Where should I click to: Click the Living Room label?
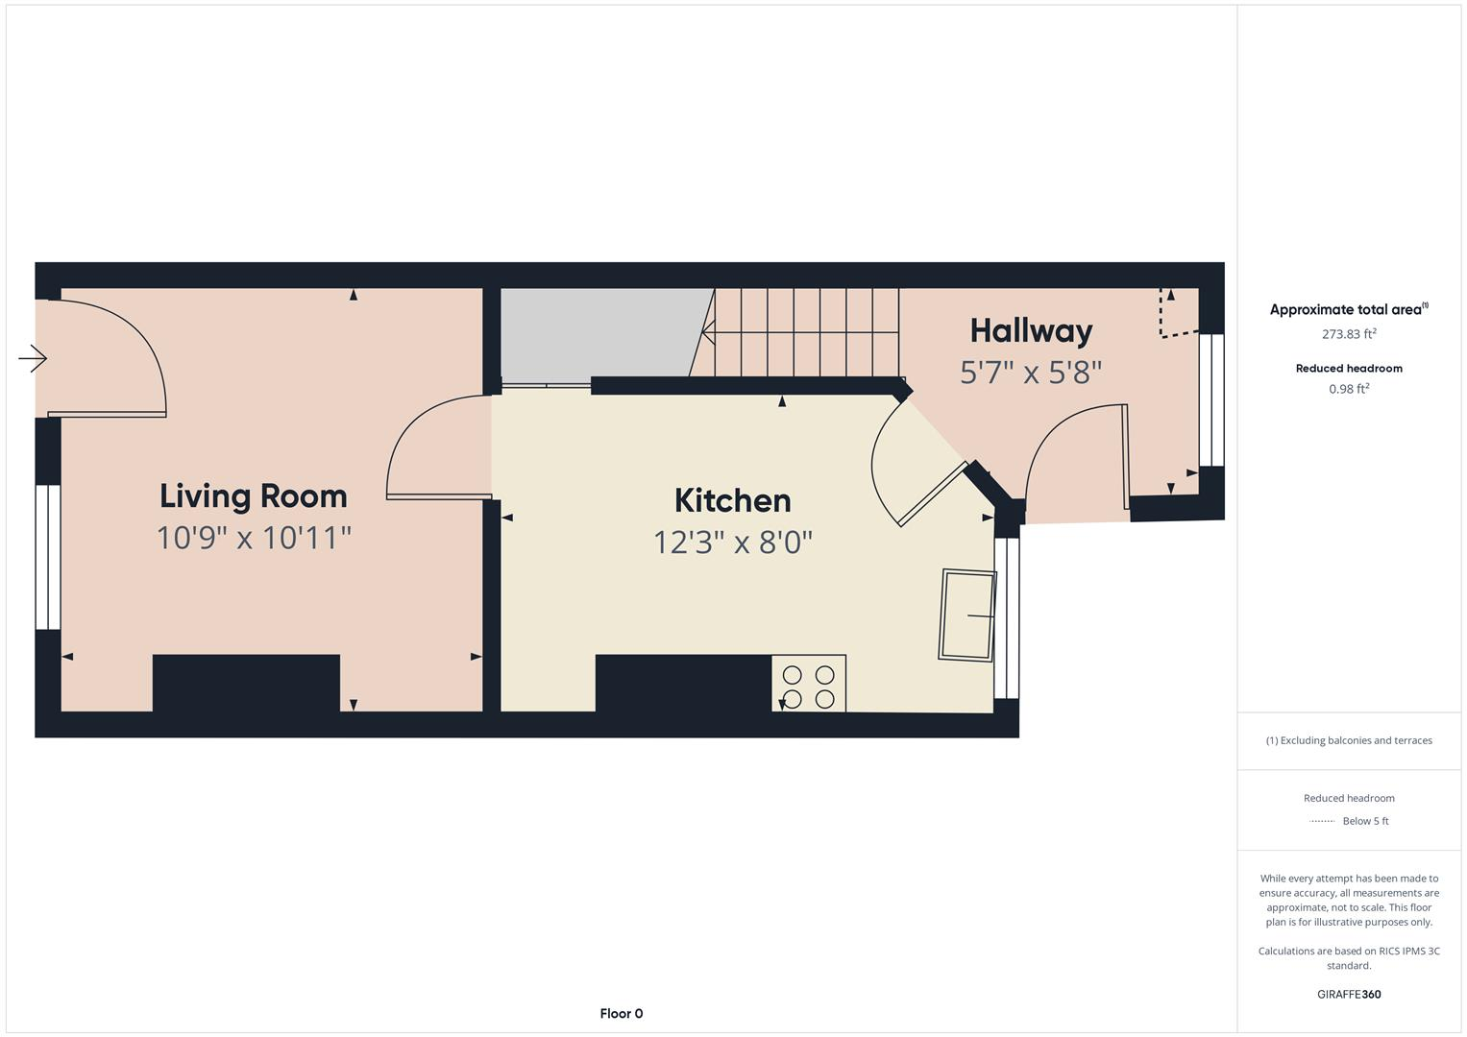(x=253, y=496)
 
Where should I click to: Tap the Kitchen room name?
(x=732, y=500)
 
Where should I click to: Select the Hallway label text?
(x=1031, y=331)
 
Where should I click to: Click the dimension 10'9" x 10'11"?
(x=254, y=538)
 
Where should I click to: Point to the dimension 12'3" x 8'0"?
(x=732, y=543)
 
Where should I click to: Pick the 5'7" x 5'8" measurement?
(x=1031, y=373)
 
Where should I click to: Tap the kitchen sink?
(x=966, y=615)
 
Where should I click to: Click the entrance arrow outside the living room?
(x=33, y=359)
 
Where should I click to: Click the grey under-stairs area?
(x=596, y=334)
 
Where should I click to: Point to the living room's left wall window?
(x=47, y=557)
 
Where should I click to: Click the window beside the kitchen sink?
(x=1006, y=617)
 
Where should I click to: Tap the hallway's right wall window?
(x=1211, y=399)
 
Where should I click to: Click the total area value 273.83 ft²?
(x=1349, y=334)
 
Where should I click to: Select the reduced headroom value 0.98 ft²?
(x=1349, y=389)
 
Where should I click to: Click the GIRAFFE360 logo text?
(x=1349, y=994)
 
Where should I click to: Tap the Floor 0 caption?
(x=621, y=1013)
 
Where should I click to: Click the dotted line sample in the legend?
(x=1322, y=821)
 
